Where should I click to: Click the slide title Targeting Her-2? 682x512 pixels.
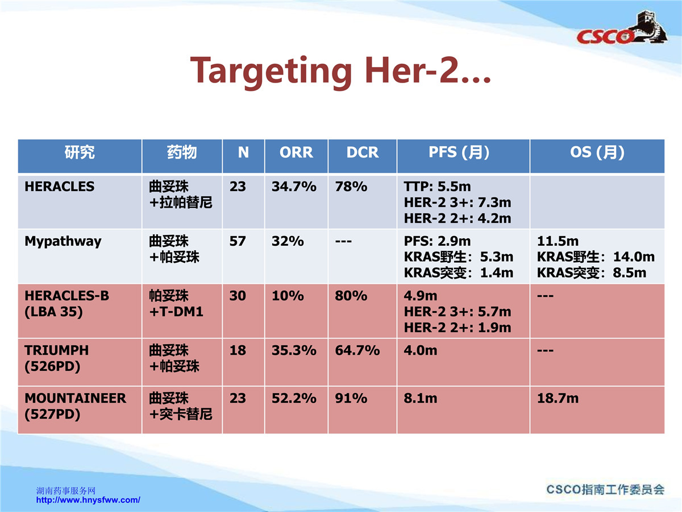pos(340,71)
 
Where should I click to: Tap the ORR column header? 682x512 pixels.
pos(296,152)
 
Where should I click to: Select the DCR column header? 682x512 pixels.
pos(363,152)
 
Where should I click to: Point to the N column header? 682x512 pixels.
pos(243,152)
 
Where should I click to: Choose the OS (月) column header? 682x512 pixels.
pos(597,152)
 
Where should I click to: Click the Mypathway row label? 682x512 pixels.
pos(63,242)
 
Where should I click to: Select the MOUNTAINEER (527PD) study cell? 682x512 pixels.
pos(76,406)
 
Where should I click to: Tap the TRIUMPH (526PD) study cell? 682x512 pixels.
pos(56,358)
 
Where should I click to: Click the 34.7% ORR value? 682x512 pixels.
pos(294,187)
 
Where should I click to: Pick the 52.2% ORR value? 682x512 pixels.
pos(294,398)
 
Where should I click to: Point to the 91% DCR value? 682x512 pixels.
pos(351,398)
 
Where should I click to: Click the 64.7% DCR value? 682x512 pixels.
pos(357,350)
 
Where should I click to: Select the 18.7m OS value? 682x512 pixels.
pos(558,398)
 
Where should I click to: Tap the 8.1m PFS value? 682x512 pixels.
pos(421,398)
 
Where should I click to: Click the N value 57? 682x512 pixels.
pos(238,241)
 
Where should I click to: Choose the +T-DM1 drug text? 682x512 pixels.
pos(176,312)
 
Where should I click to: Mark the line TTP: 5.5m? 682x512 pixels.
pos(437,187)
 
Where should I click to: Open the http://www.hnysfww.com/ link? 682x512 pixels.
pos(88,500)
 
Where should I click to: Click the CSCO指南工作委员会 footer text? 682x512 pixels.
pos(605,490)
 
